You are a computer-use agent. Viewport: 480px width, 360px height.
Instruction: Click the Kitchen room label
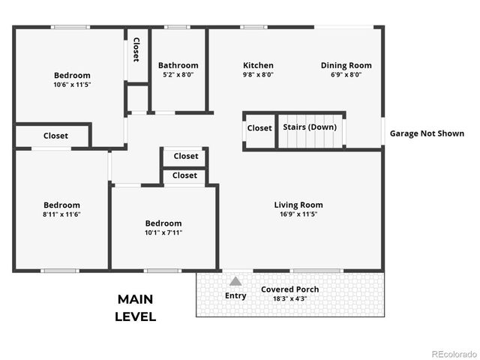point(258,65)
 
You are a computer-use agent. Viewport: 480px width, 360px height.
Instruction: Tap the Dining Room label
point(346,65)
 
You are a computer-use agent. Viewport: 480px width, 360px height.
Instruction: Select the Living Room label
point(298,205)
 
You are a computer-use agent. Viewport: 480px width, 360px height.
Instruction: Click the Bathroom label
point(178,65)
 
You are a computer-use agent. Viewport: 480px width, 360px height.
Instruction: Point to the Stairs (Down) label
point(310,127)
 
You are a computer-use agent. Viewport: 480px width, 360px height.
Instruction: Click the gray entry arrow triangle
point(235,281)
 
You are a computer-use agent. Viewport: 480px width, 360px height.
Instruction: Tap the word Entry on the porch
point(235,295)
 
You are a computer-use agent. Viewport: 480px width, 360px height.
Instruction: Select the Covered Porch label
point(289,289)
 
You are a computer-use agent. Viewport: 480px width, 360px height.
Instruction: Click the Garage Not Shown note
point(427,133)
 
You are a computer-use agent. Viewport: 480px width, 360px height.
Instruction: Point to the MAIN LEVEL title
point(135,307)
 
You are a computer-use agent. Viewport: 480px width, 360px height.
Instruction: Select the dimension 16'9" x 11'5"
point(298,214)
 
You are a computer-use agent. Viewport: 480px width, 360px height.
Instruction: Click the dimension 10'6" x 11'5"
point(72,85)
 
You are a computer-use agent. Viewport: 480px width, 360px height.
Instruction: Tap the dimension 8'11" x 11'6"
point(61,214)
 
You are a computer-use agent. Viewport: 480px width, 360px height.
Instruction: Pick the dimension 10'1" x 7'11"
point(163,232)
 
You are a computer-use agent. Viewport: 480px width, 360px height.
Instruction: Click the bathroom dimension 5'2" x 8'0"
point(178,75)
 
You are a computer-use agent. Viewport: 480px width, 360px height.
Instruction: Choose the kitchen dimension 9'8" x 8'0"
point(258,75)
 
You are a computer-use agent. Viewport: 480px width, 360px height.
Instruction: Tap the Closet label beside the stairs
point(259,127)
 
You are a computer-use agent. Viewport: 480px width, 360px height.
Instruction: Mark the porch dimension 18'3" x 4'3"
point(289,298)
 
